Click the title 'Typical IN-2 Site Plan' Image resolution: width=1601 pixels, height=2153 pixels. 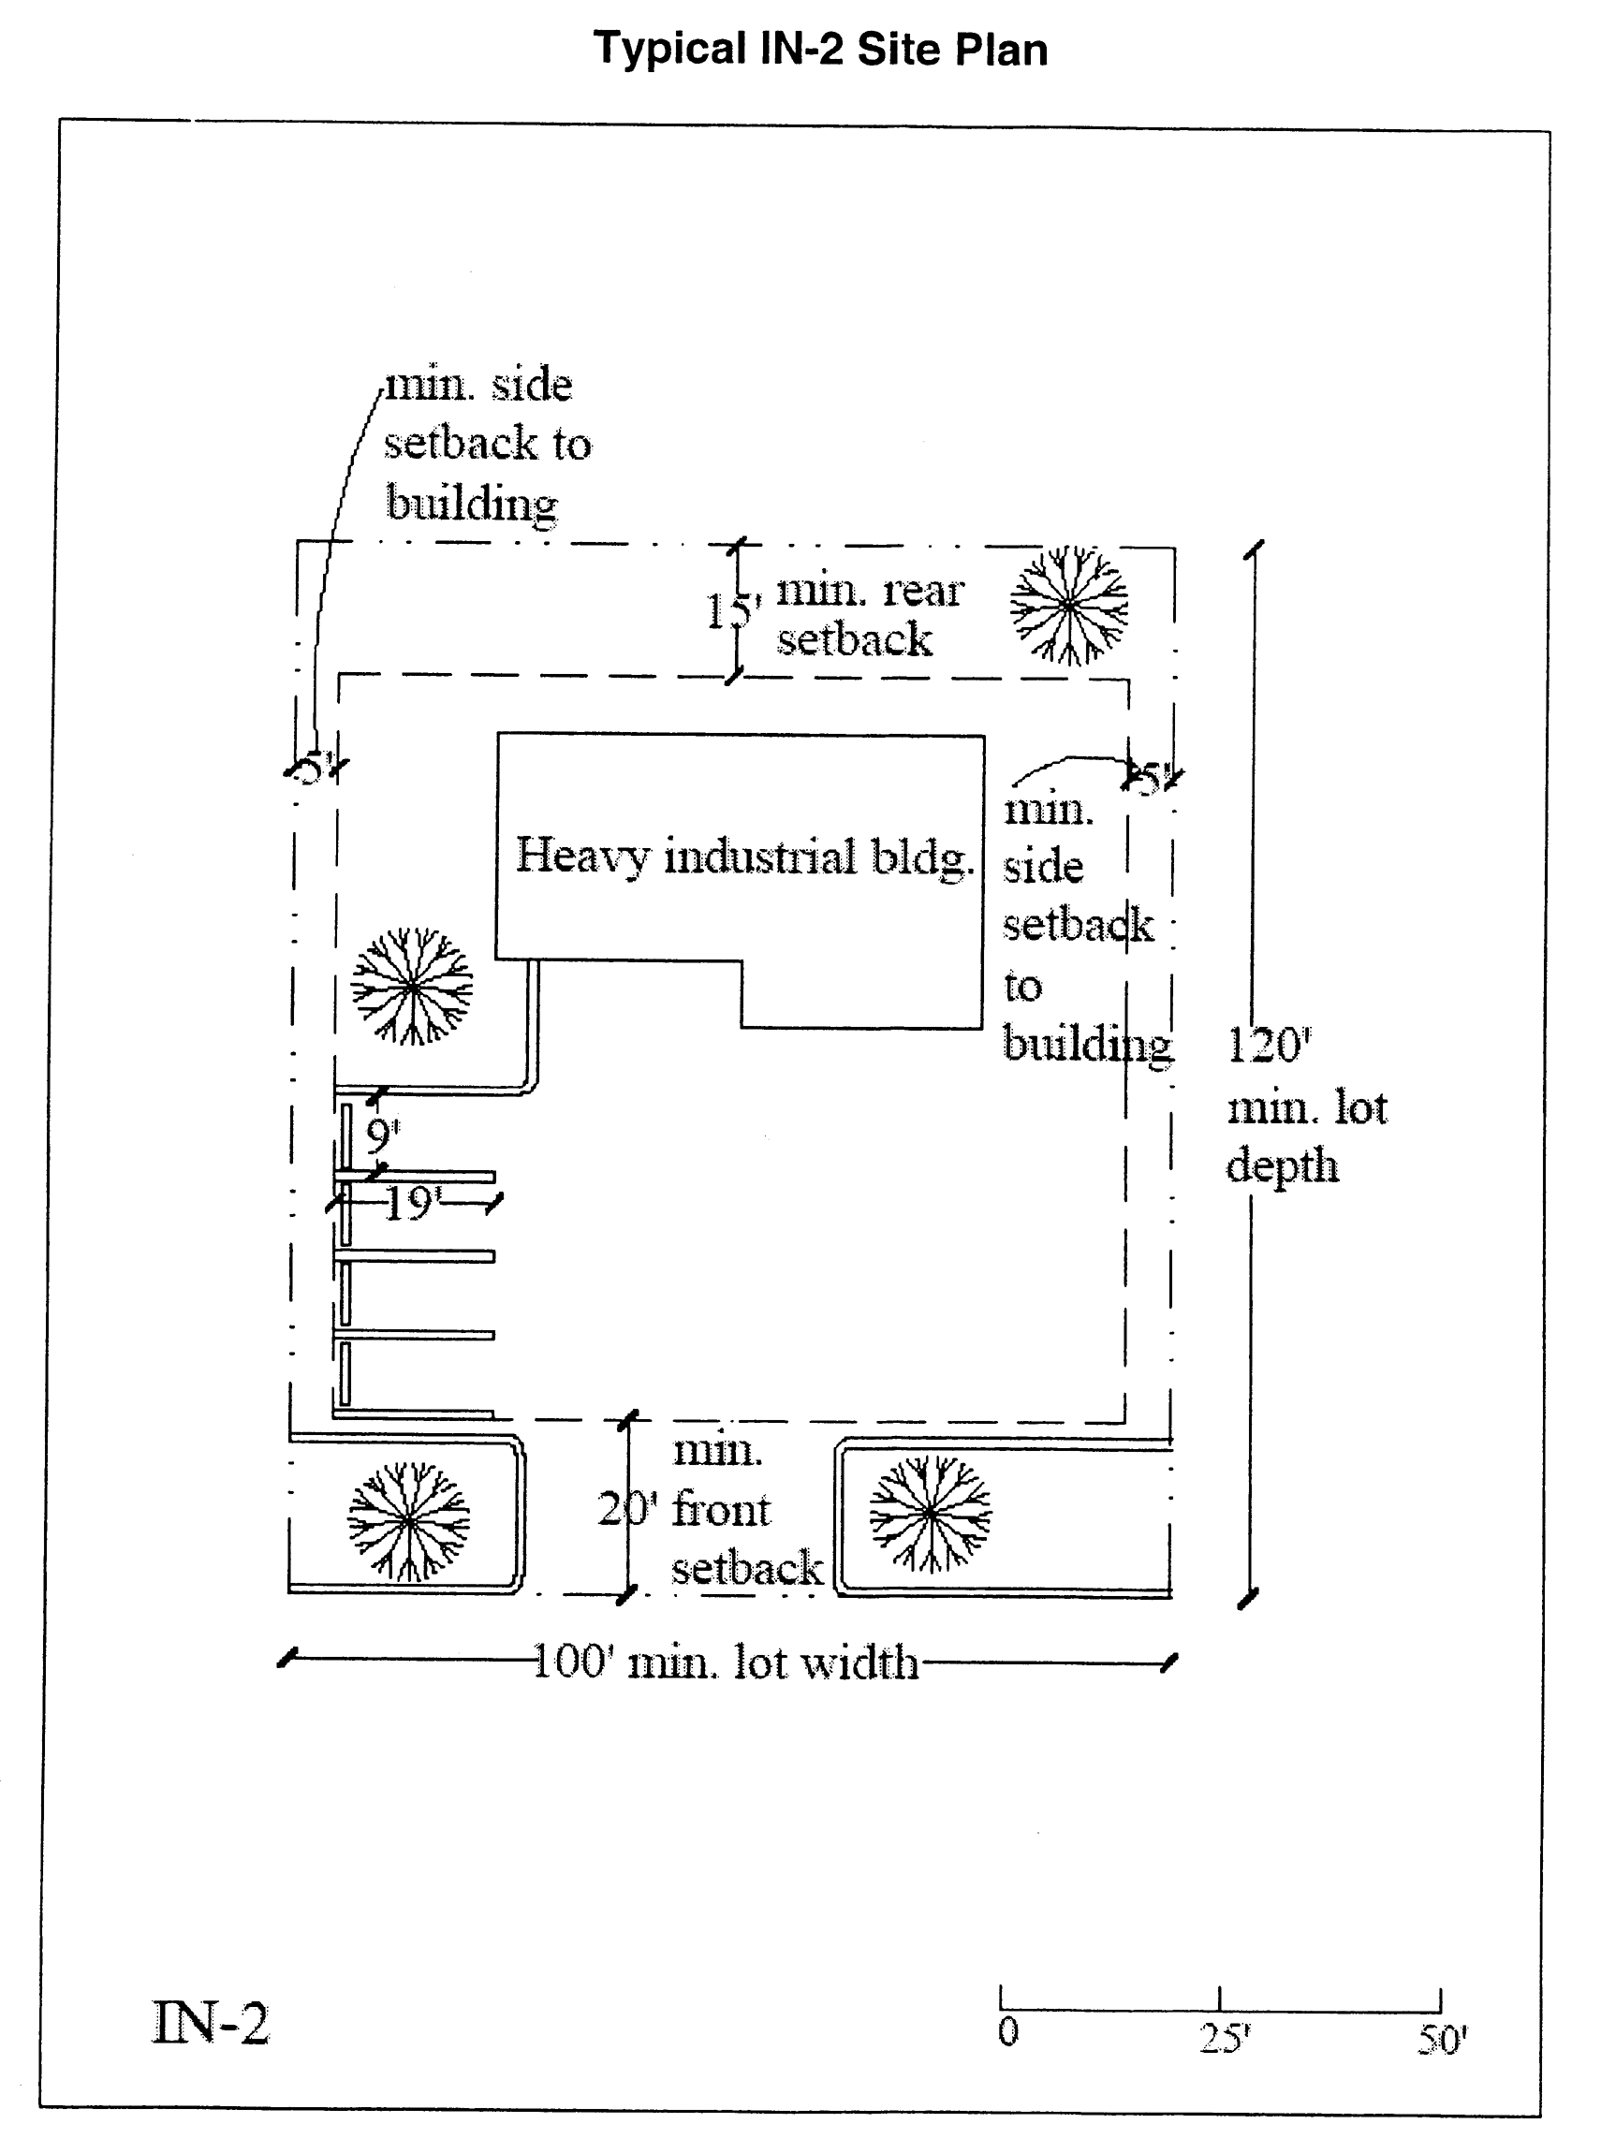pyautogui.click(x=820, y=50)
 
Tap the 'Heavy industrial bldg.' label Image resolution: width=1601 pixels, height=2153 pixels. pyautogui.click(x=743, y=857)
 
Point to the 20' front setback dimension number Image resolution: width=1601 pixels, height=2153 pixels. pyautogui.click(x=626, y=1509)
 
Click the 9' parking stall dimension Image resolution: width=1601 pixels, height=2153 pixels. pyautogui.click(x=383, y=1135)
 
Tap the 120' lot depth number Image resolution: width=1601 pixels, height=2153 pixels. pyautogui.click(x=1269, y=1046)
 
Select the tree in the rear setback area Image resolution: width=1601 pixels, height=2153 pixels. pyautogui.click(x=1069, y=606)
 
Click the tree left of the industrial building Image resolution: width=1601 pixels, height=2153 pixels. pyautogui.click(x=412, y=987)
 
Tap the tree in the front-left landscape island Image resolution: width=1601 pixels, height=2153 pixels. pyautogui.click(x=409, y=1521)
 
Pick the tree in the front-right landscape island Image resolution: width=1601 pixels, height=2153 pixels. pyautogui.click(x=930, y=1514)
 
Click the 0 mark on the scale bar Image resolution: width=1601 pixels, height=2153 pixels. pyautogui.click(x=1008, y=2031)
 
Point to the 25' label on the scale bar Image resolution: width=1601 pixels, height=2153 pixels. pyautogui.click(x=1224, y=2039)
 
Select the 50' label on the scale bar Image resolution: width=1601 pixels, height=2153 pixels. pyautogui.click(x=1442, y=2040)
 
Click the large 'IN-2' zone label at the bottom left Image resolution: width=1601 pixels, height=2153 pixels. pyautogui.click(x=212, y=2023)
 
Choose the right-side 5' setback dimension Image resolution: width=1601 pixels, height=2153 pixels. pyautogui.click(x=1151, y=778)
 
